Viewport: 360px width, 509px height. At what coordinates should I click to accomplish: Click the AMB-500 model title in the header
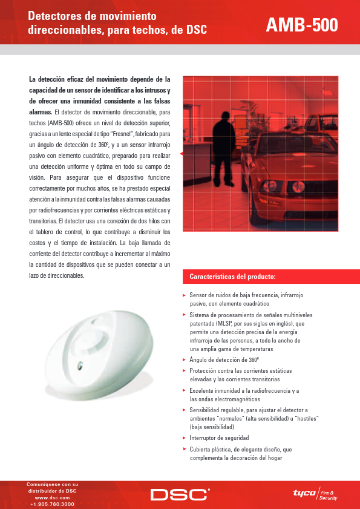pos(302,25)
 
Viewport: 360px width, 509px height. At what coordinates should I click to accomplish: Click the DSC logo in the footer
pos(180,494)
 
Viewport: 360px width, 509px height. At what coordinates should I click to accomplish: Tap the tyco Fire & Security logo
pos(315,494)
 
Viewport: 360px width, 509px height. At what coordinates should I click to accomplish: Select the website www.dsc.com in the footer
pos(53,497)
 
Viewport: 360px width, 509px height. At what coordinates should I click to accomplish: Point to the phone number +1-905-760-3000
pos(53,504)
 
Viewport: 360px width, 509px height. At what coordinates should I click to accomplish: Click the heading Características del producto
pos(233,277)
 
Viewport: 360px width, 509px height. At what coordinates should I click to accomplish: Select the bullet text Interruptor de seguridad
pos(219,438)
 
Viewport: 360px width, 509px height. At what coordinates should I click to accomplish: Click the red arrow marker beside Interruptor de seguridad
pos(184,437)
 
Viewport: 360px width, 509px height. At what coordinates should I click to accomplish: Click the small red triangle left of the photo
pos(181,155)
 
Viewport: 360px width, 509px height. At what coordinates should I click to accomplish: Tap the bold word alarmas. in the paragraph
pos(40,112)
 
